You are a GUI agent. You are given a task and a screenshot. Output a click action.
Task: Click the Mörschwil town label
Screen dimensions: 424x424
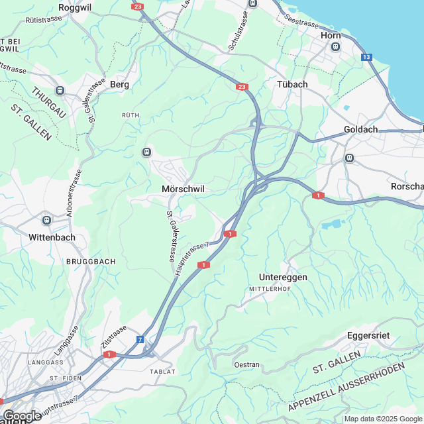pyautogui.click(x=184, y=189)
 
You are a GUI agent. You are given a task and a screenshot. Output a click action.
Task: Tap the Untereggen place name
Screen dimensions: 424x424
pyautogui.click(x=283, y=277)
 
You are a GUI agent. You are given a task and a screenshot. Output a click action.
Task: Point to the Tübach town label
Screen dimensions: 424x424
pyautogui.click(x=292, y=85)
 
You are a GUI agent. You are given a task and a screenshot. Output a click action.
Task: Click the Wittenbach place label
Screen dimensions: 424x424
pyautogui.click(x=52, y=237)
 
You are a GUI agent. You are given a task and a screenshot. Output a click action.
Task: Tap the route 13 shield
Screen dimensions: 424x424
pyautogui.click(x=366, y=58)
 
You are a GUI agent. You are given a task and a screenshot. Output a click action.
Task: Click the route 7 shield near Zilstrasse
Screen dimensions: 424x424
pyautogui.click(x=140, y=340)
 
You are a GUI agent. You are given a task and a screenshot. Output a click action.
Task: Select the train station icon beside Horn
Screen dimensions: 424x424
pyautogui.click(x=336, y=47)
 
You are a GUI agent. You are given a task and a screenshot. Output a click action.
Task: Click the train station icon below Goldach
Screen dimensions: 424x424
pyautogui.click(x=349, y=158)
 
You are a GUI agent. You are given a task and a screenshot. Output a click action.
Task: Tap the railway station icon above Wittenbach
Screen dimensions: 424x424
pyautogui.click(x=46, y=220)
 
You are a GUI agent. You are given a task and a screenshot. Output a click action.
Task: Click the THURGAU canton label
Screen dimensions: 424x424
pyautogui.click(x=48, y=103)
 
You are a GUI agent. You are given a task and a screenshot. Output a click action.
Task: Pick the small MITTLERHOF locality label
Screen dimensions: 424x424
pyautogui.click(x=270, y=290)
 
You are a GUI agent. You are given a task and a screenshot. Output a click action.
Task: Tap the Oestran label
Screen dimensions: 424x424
pyautogui.click(x=247, y=365)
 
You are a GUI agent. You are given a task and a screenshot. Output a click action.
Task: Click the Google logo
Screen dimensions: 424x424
pyautogui.click(x=22, y=415)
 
